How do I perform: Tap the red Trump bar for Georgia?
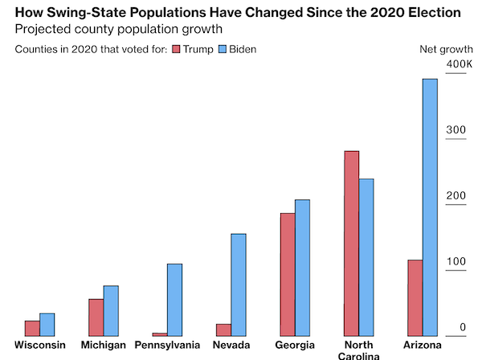click(x=287, y=274)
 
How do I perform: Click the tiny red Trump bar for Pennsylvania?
click(x=159, y=333)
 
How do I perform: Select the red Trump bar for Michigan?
click(x=96, y=317)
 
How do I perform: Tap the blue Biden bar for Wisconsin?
click(x=47, y=324)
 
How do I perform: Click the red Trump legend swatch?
click(x=178, y=50)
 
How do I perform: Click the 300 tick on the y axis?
click(x=455, y=130)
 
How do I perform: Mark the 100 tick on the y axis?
click(x=455, y=261)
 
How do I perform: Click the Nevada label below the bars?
click(x=231, y=346)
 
